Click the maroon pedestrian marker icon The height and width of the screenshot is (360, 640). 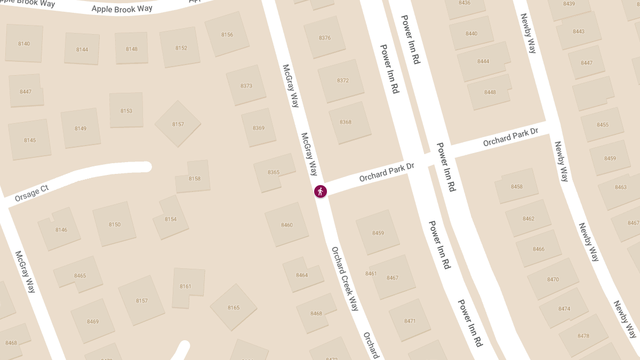tap(320, 191)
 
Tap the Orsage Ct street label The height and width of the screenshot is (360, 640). tap(32, 194)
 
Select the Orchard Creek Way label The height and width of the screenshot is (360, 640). tap(345, 278)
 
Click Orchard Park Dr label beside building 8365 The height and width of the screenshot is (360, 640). tap(387, 172)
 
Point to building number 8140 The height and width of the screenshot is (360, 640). tap(24, 44)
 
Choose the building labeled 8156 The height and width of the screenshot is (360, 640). tap(227, 35)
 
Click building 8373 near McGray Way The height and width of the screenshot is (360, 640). tap(246, 86)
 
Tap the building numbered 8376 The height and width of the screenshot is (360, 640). tap(325, 38)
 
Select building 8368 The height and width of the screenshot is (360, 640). tap(346, 122)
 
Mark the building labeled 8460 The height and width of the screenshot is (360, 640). tap(287, 225)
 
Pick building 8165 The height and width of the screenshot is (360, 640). tap(234, 308)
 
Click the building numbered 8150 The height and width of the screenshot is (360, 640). tap(115, 225)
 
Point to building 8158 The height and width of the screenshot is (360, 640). tap(195, 178)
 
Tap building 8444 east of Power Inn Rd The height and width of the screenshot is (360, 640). tap(483, 61)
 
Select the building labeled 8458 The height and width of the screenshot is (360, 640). tap(517, 187)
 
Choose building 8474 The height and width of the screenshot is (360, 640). tap(564, 309)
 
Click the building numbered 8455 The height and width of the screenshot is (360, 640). tap(603, 125)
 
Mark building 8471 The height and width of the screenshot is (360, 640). tap(410, 321)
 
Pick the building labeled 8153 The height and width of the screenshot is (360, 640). tap(126, 111)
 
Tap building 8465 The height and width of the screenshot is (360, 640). tap(80, 276)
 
